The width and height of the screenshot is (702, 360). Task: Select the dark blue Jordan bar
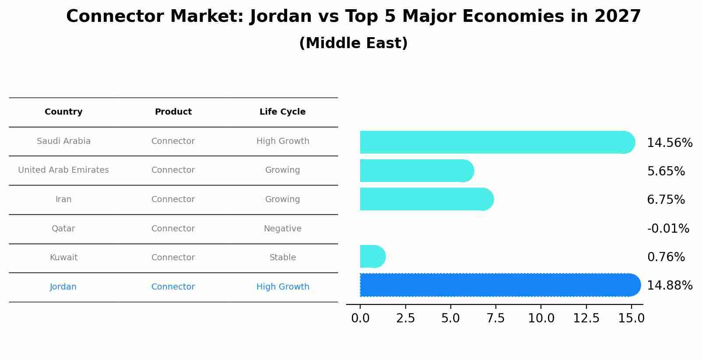pyautogui.click(x=499, y=285)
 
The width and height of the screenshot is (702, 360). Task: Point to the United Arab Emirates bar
pyautogui.click(x=416, y=171)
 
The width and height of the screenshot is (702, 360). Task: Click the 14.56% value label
pyautogui.click(x=669, y=143)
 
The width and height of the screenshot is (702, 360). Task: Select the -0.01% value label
pyautogui.click(x=668, y=228)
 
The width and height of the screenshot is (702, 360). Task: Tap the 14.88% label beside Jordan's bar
pyautogui.click(x=669, y=286)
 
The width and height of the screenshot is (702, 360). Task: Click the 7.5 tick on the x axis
pyautogui.click(x=496, y=318)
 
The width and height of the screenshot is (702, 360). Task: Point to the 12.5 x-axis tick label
pyautogui.click(x=586, y=318)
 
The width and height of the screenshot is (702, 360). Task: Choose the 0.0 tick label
pyautogui.click(x=360, y=318)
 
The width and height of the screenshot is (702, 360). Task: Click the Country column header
pyautogui.click(x=63, y=112)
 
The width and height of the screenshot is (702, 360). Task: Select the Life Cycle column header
pyautogui.click(x=282, y=112)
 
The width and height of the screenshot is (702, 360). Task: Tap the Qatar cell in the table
pyautogui.click(x=63, y=228)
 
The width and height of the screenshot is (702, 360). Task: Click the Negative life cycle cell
pyautogui.click(x=282, y=228)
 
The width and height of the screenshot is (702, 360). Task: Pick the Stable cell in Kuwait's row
pyautogui.click(x=282, y=258)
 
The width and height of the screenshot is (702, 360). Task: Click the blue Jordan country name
pyautogui.click(x=63, y=287)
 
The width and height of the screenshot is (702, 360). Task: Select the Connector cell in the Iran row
pyautogui.click(x=173, y=199)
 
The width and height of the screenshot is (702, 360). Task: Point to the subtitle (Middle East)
pyautogui.click(x=353, y=43)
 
